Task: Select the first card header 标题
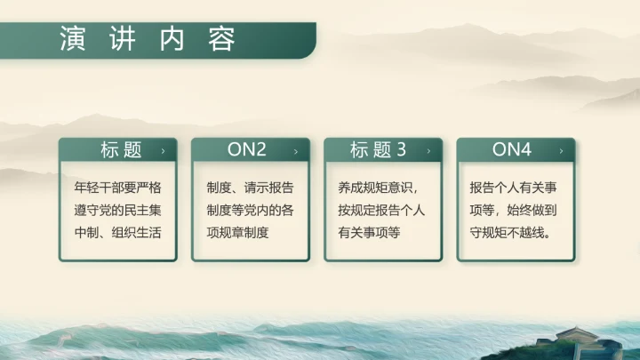pos(122,150)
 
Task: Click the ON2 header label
pos(247,150)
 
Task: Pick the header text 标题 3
pos(378,150)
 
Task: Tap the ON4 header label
pos(512,150)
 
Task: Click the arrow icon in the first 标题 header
pos(163,151)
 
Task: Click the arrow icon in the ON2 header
pos(295,151)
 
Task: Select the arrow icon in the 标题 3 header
pos(428,151)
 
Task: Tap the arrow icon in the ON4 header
pos(560,151)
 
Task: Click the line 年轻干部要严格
pos(117,188)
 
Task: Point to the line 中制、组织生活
pos(117,233)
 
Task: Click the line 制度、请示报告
pos(250,188)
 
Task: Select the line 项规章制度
pos(237,233)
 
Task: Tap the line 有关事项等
pos(370,233)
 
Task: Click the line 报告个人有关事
pos(515,188)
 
